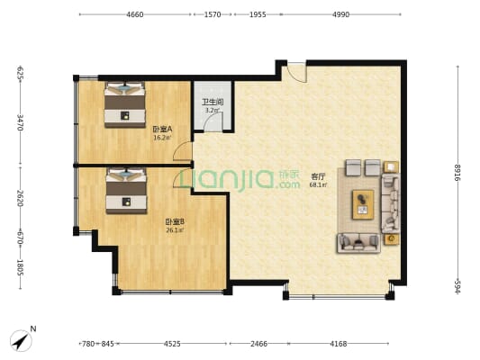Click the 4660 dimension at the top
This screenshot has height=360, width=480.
135,14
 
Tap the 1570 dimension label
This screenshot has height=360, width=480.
213,14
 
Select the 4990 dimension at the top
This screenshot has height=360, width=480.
340,14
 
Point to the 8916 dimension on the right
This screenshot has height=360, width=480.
457,173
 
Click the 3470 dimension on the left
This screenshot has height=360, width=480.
21,122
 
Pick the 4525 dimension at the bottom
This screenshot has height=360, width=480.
172,344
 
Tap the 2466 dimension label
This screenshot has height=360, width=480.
258,344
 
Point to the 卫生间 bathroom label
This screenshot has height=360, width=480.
213,102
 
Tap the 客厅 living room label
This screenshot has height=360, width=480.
318,176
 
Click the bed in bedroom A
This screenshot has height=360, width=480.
124,104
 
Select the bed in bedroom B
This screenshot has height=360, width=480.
126,191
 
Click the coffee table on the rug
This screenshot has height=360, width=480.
363,204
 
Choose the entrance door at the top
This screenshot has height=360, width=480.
294,73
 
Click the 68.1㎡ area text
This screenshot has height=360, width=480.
318,184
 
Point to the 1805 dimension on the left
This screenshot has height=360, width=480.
21,267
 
